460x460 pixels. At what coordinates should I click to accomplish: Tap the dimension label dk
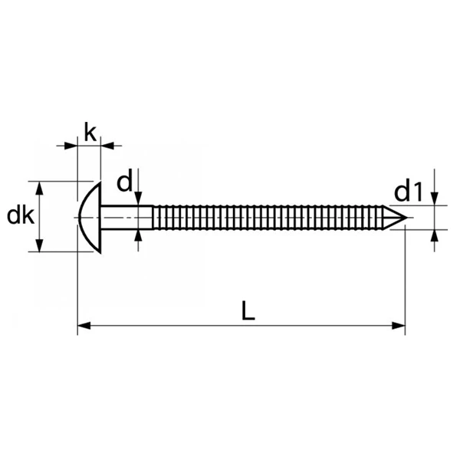pos(18,216)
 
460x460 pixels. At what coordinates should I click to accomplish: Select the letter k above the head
pos(90,133)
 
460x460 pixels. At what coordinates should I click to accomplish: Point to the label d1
pos(409,191)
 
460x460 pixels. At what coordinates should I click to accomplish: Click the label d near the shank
pos(125,182)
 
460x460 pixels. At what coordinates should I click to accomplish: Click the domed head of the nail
pos(90,216)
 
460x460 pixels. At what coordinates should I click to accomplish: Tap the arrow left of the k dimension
pos(71,143)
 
